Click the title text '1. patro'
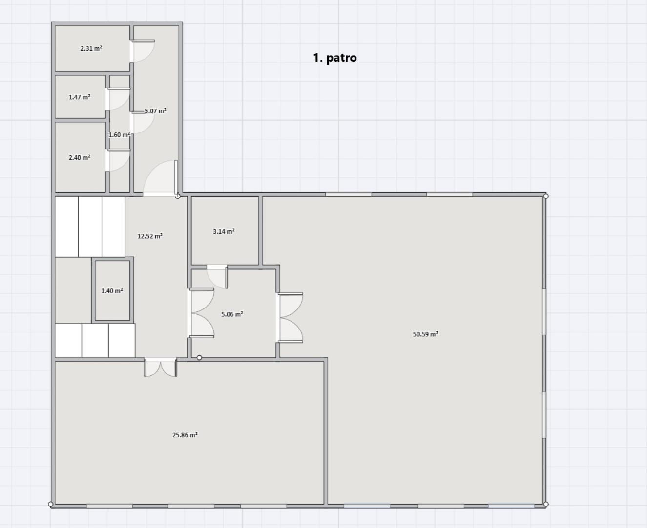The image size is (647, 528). click(x=335, y=58)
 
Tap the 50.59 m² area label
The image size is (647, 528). click(x=425, y=334)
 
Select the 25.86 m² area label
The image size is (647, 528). click(x=185, y=435)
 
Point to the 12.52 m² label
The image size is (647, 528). click(x=150, y=236)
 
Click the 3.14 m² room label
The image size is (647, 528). click(x=224, y=231)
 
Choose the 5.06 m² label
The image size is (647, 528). click(x=232, y=314)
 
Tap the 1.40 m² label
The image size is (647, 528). click(x=112, y=291)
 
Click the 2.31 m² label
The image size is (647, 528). click(x=91, y=48)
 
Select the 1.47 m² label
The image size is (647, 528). click(x=80, y=97)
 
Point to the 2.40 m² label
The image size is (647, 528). click(x=80, y=157)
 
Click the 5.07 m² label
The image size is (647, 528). click(x=155, y=110)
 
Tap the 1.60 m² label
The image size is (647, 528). click(x=119, y=134)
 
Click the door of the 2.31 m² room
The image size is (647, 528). click(x=142, y=51)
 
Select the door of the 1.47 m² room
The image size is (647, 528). click(x=118, y=99)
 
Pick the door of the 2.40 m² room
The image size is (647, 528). click(x=118, y=160)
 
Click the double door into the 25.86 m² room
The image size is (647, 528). click(x=160, y=368)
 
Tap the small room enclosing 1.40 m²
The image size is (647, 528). click(x=112, y=290)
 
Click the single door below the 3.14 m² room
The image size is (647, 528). click(x=217, y=277)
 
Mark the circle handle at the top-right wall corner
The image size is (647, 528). click(x=546, y=196)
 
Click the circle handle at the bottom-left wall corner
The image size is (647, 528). click(x=51, y=504)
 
